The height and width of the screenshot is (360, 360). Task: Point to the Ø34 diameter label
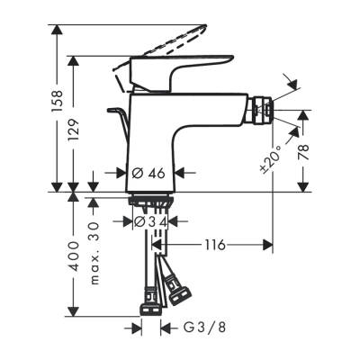[x=150, y=221]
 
